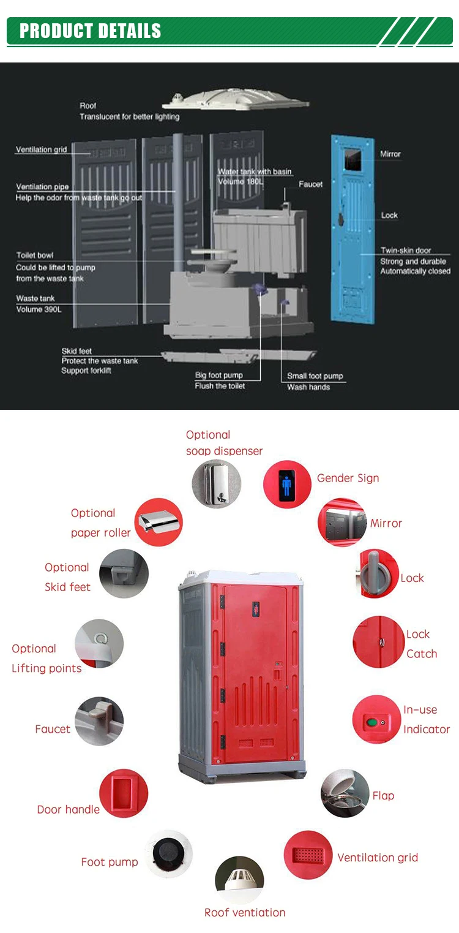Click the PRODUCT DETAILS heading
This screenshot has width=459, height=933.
pos(91,31)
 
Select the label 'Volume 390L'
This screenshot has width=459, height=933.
pos(39,309)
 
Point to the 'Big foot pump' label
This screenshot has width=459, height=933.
pos(219,375)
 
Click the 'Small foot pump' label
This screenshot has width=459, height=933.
pos(315,376)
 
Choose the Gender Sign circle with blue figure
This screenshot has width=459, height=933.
pos(287,485)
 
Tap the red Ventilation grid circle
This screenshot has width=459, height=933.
pos(308,855)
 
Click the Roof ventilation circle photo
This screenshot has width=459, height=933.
pos(239,880)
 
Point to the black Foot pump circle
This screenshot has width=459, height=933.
pos(168,853)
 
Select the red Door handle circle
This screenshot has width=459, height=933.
pos(124,793)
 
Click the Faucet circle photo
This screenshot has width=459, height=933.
pos(99,720)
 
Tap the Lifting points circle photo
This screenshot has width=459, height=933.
pos(99,644)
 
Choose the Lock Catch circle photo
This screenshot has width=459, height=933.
pos(378,641)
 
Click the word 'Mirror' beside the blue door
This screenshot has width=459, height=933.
pos(390,154)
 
